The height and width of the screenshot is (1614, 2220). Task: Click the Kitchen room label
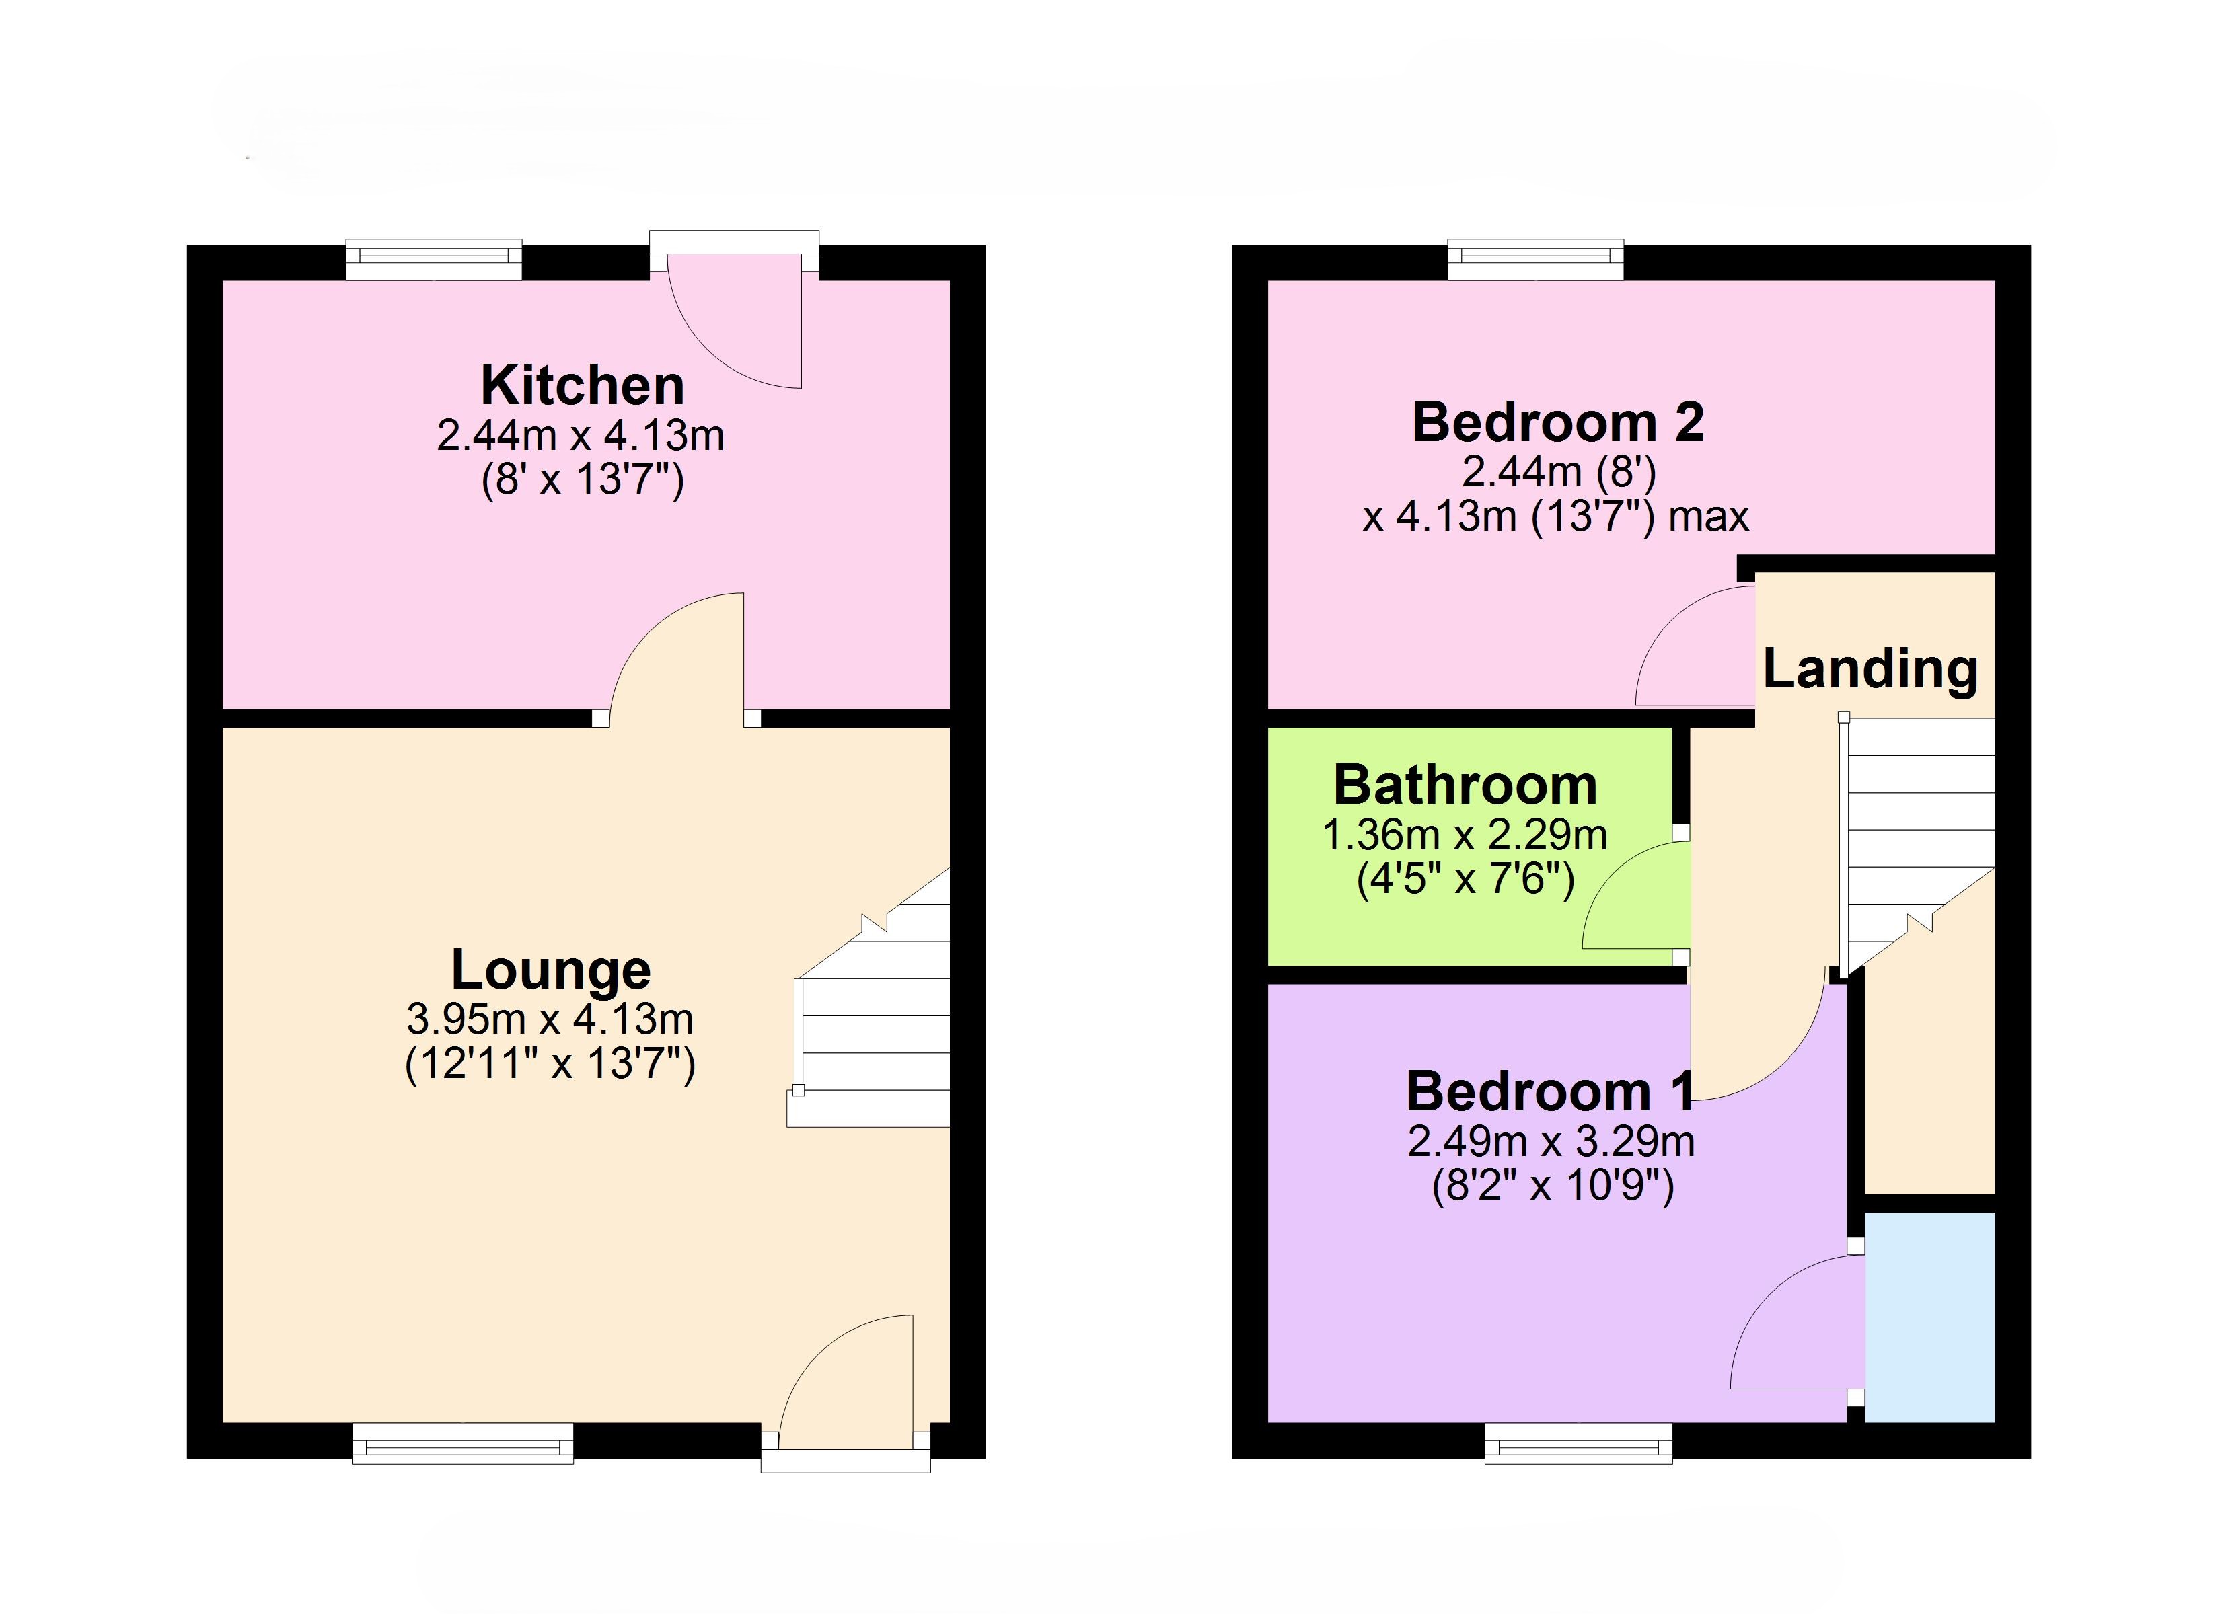583,385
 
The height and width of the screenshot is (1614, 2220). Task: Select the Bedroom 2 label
1558,423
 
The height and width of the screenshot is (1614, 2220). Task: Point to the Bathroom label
1465,785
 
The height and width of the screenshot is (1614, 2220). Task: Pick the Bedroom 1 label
1549,1091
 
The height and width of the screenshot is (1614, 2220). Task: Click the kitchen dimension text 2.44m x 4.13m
581,436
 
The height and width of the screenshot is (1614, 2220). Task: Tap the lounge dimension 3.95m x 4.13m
550,1020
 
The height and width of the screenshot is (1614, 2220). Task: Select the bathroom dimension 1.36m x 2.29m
1465,835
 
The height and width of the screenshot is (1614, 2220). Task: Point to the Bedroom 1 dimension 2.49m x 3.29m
1551,1141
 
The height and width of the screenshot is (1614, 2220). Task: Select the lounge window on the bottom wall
463,1443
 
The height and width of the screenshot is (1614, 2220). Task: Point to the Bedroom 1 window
1578,1443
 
